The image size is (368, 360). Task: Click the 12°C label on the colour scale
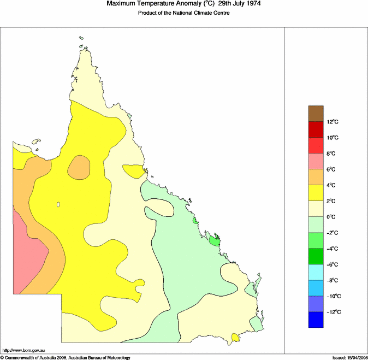pos(334,122)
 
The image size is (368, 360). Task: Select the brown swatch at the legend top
pos(316,114)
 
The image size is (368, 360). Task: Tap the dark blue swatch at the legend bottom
pos(316,320)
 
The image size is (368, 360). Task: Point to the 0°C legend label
pos(334,217)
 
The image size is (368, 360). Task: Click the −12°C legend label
pos(334,312)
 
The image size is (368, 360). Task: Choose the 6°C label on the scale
pos(334,169)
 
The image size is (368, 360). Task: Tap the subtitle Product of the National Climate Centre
pos(183,13)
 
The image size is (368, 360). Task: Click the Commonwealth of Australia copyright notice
pos(66,357)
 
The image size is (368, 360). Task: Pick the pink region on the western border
pos(27,251)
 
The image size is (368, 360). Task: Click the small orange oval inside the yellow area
pos(79,167)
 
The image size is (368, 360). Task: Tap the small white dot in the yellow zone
pos(57,205)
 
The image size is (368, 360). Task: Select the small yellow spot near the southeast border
pos(236,338)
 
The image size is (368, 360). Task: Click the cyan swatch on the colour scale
pos(316,272)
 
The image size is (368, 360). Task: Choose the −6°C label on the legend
pos(334,264)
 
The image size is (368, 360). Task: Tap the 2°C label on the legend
pos(334,201)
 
